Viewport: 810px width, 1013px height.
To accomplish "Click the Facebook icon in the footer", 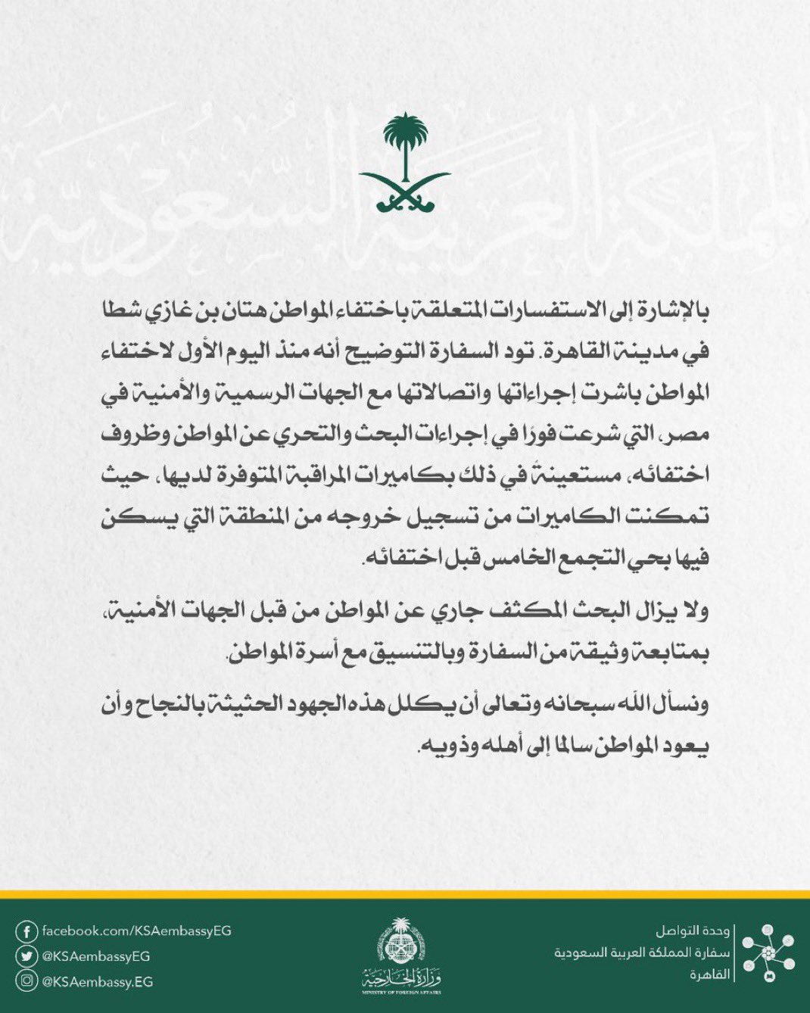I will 27,930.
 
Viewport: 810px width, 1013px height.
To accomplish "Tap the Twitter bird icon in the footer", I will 27,956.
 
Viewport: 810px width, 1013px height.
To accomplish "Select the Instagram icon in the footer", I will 27,982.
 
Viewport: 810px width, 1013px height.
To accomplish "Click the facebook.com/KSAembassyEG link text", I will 136,930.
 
